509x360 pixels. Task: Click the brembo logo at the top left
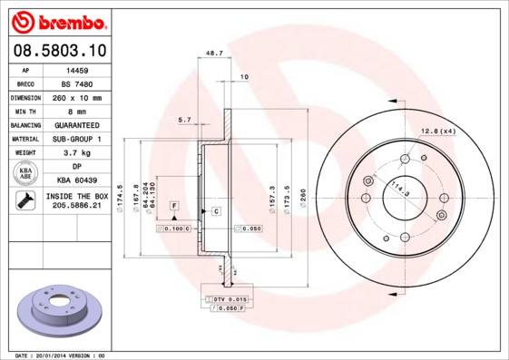pyautogui.click(x=56, y=21)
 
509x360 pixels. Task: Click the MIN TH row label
pyautogui.click(x=24, y=111)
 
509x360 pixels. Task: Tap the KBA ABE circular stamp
pyautogui.click(x=24, y=174)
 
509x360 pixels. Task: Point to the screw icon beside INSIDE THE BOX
pyautogui.click(x=24, y=202)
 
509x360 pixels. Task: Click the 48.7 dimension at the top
pyautogui.click(x=215, y=54)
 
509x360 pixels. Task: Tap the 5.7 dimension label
pyautogui.click(x=184, y=120)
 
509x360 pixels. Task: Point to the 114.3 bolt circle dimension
pyautogui.click(x=398, y=191)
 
